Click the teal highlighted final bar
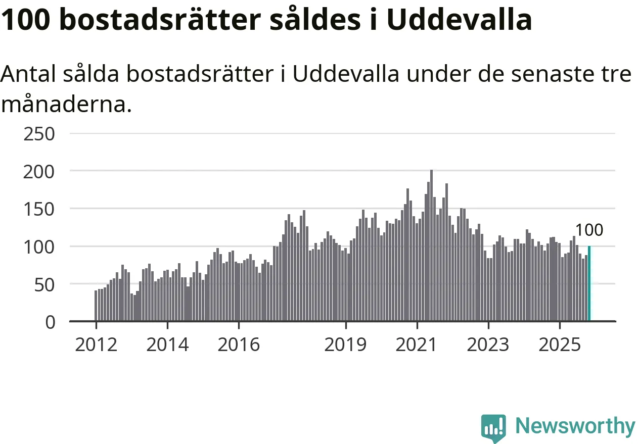[x=589, y=284]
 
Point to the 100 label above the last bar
[x=589, y=230]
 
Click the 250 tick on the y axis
[x=39, y=134]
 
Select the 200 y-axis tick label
[x=39, y=172]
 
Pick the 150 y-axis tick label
[x=39, y=209]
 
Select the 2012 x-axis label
[x=96, y=345]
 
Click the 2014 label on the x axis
[x=167, y=345]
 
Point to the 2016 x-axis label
[x=239, y=345]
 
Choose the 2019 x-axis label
[x=345, y=345]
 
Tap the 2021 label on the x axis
[x=417, y=345]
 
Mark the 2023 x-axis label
[x=488, y=345]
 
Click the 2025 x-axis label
[x=560, y=345]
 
